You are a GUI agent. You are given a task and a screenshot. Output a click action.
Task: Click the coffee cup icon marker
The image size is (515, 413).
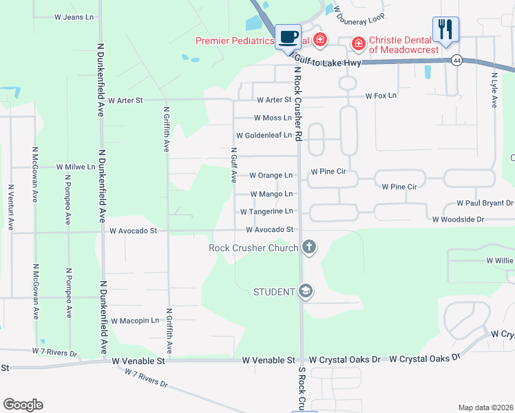pyautogui.click(x=288, y=36)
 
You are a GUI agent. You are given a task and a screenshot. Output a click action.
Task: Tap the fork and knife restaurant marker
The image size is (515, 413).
pyautogui.click(x=445, y=30)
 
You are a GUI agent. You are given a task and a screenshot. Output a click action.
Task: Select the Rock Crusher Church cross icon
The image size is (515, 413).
pyautogui.click(x=309, y=247)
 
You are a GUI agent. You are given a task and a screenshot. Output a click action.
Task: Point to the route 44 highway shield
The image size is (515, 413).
pyautogui.click(x=457, y=61)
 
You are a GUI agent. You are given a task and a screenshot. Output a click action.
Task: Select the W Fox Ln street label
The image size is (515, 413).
pyautogui.click(x=381, y=96)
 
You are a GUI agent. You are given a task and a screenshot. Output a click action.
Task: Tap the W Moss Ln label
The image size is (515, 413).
pyautogui.click(x=273, y=118)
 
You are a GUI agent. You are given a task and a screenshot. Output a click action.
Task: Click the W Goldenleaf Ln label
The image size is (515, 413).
pyautogui.click(x=264, y=136)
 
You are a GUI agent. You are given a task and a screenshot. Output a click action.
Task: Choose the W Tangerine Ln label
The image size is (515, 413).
pyautogui.click(x=266, y=211)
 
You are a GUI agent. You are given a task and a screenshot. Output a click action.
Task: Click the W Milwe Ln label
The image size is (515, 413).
pyautogui.click(x=76, y=167)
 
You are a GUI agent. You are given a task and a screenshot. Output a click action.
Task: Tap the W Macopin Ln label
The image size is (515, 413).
pyautogui.click(x=135, y=321)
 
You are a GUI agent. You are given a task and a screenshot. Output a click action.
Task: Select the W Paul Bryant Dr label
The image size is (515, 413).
pyautogui.click(x=485, y=204)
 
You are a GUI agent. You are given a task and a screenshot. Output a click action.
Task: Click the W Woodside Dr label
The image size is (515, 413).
pyautogui.click(x=458, y=219)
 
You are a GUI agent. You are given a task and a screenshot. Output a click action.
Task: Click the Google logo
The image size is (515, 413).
pyautogui.click(x=23, y=405)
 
